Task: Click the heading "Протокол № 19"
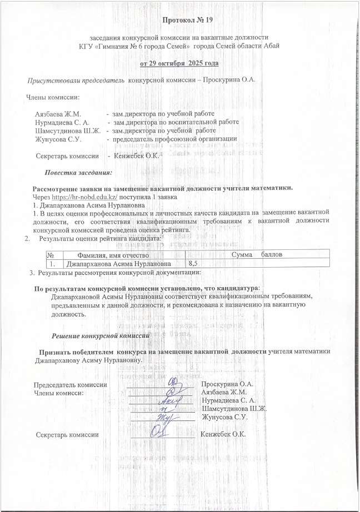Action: (187, 20)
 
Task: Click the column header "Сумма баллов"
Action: (260, 254)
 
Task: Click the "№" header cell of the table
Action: (51, 254)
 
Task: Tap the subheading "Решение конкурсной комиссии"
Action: (101, 336)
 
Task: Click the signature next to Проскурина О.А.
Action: (173, 382)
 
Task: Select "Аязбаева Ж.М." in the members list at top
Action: (58, 113)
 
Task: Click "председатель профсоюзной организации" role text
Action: (175, 138)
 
